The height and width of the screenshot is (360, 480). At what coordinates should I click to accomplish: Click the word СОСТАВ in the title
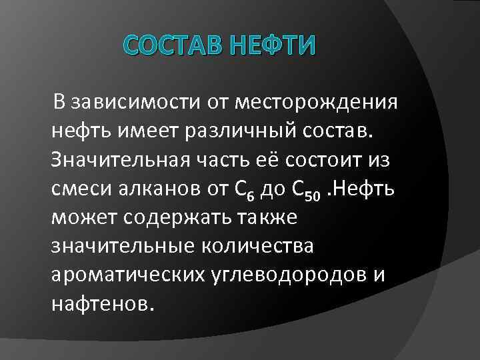170,49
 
